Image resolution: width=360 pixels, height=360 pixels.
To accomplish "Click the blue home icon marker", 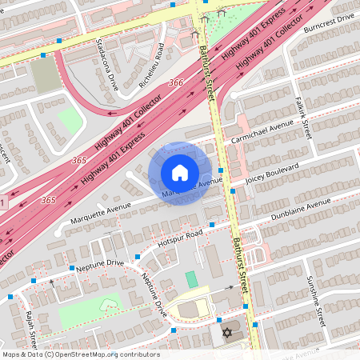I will tap(180, 173).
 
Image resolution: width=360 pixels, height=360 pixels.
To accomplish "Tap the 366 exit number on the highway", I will tap(177, 82).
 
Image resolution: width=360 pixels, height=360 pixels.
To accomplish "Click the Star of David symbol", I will tap(226, 332).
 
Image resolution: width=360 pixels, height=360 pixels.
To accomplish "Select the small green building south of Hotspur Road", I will tap(191, 279).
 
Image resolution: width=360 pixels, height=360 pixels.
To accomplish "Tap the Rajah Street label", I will tap(32, 326).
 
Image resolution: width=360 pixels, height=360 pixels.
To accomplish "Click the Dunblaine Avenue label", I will tap(280, 210).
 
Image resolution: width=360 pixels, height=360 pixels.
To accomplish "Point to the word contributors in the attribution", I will tap(137, 354).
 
